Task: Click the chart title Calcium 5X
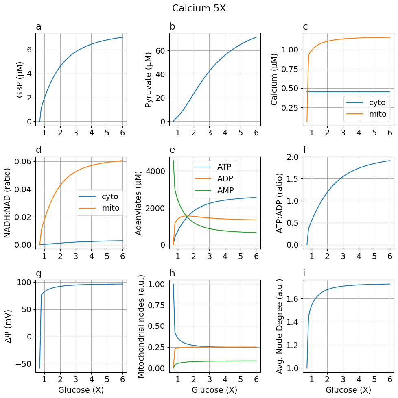point(199,8)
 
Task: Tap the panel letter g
point(39,274)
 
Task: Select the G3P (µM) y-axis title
point(20,80)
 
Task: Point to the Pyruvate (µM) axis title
point(149,80)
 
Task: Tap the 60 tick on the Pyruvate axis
point(160,51)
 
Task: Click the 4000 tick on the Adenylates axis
point(156,171)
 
